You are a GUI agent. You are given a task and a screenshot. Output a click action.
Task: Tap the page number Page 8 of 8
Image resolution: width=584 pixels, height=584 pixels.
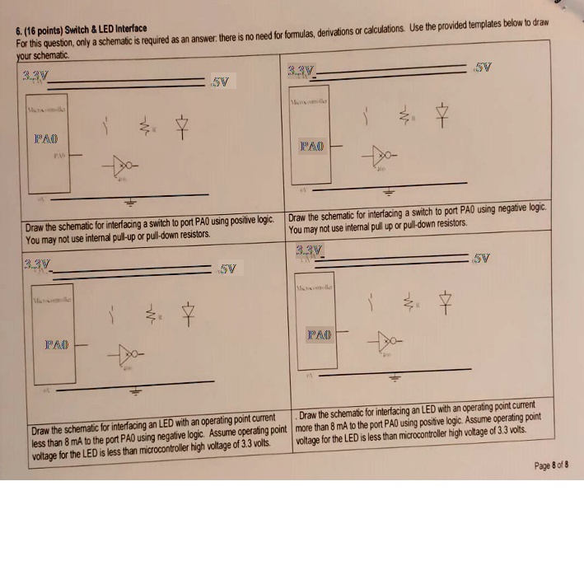[551, 465]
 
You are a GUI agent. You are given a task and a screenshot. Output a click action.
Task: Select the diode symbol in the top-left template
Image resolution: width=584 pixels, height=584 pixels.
[181, 126]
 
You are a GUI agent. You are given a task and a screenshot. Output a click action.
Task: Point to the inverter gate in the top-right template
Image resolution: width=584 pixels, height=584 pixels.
[383, 154]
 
